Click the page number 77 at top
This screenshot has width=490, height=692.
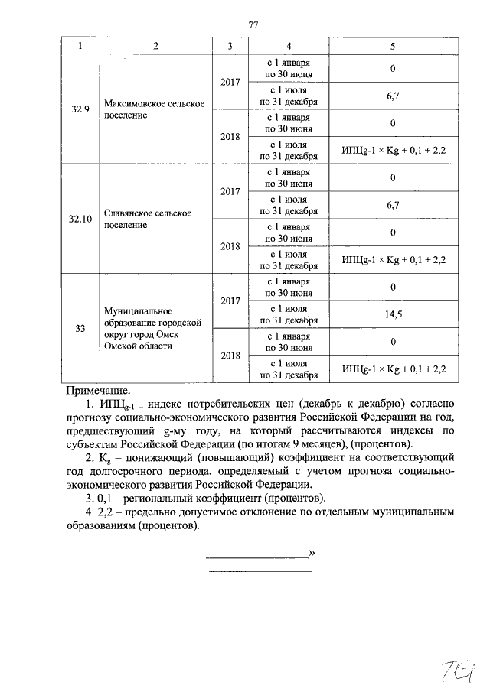[x=253, y=25]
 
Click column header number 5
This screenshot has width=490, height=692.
[x=392, y=47]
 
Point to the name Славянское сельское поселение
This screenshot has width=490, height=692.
[x=147, y=219]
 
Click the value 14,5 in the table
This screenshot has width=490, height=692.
[x=392, y=314]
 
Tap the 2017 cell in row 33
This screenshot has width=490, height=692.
[x=230, y=301]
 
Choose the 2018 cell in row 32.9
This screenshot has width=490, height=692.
[x=230, y=136]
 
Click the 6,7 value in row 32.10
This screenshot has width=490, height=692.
[x=392, y=205]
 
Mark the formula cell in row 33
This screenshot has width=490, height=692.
[x=394, y=369]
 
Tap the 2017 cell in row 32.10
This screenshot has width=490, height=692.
[x=230, y=191]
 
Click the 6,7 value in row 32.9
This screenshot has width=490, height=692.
[x=392, y=95]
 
